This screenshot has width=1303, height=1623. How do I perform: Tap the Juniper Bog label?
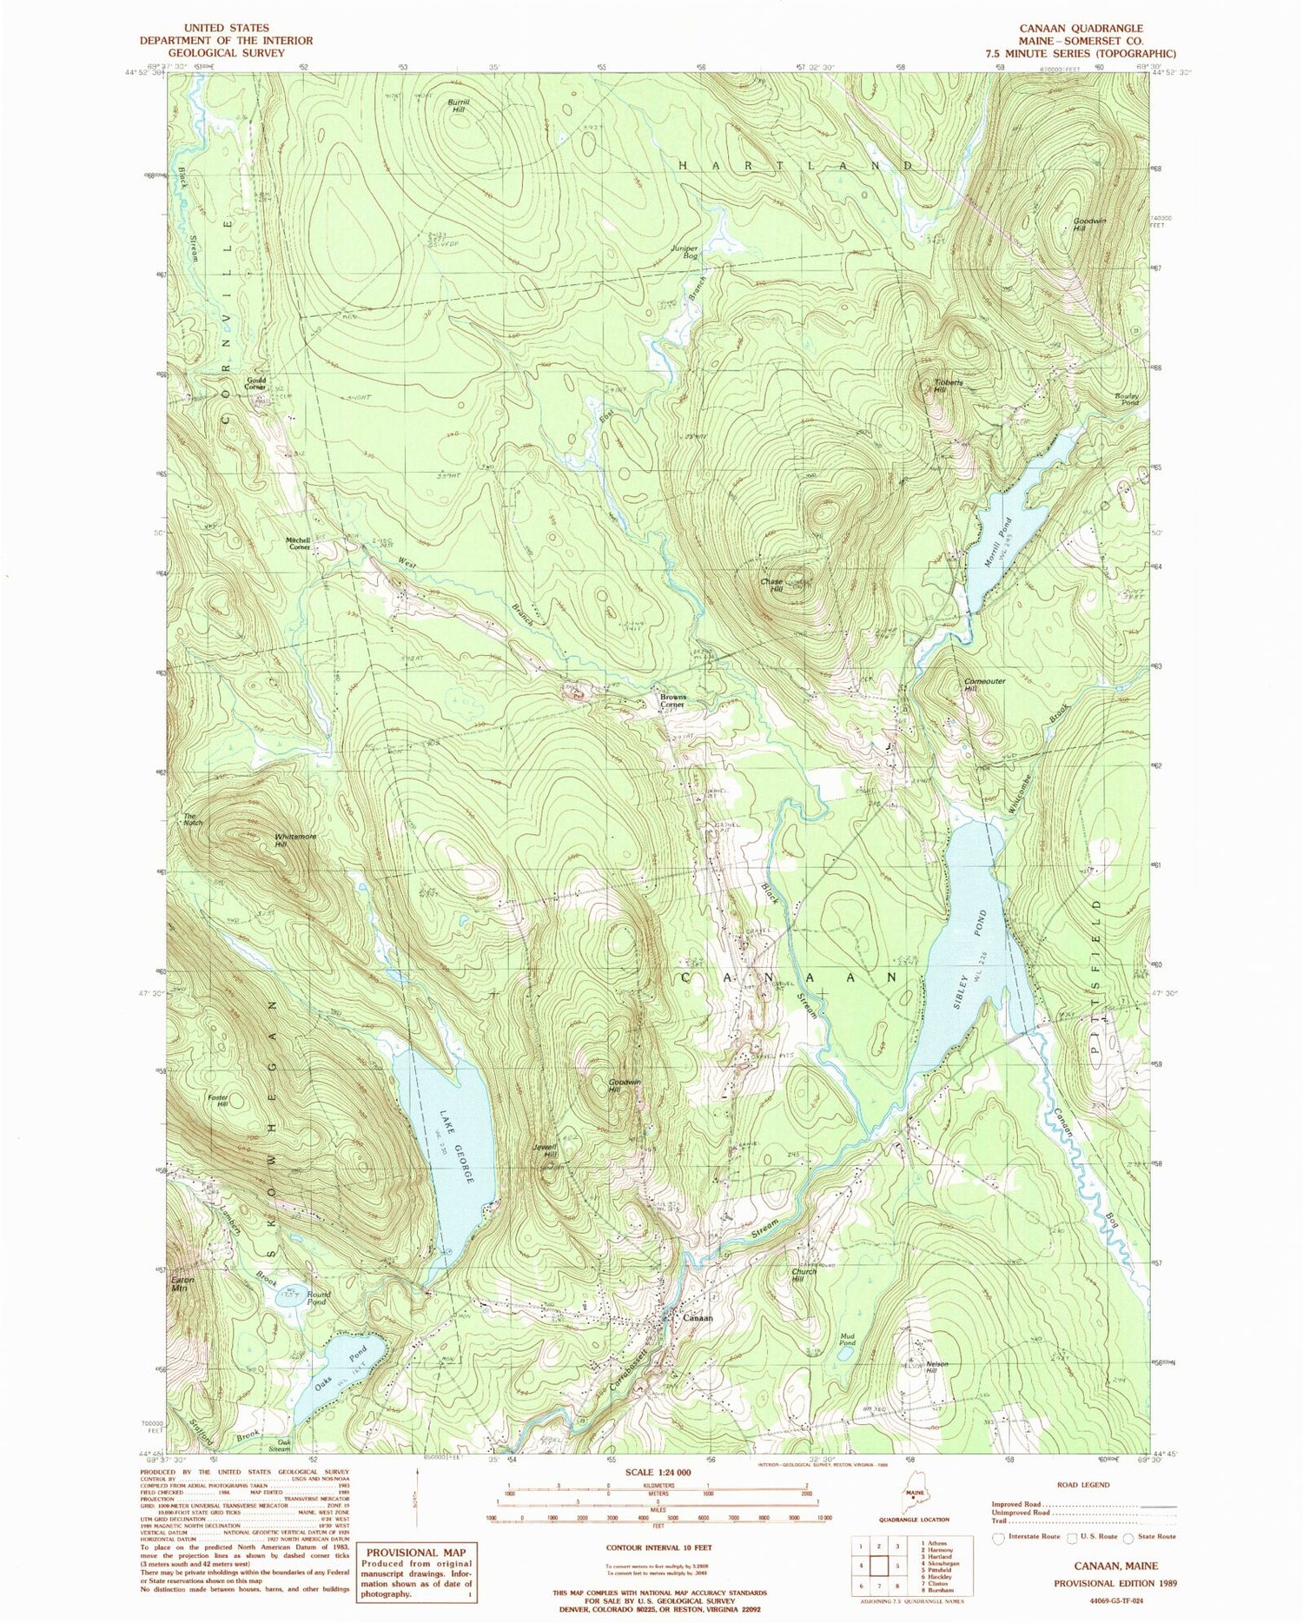[x=685, y=252]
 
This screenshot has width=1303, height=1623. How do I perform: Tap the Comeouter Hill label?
[x=984, y=685]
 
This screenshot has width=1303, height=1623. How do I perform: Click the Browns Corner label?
[x=670, y=700]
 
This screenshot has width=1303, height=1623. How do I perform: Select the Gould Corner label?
[x=255, y=383]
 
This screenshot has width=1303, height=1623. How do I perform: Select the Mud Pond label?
[x=847, y=1339]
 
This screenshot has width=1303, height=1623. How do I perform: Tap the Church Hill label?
[x=804, y=1275]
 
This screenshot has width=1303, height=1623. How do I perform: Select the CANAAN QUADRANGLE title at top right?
[x=1086, y=28]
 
